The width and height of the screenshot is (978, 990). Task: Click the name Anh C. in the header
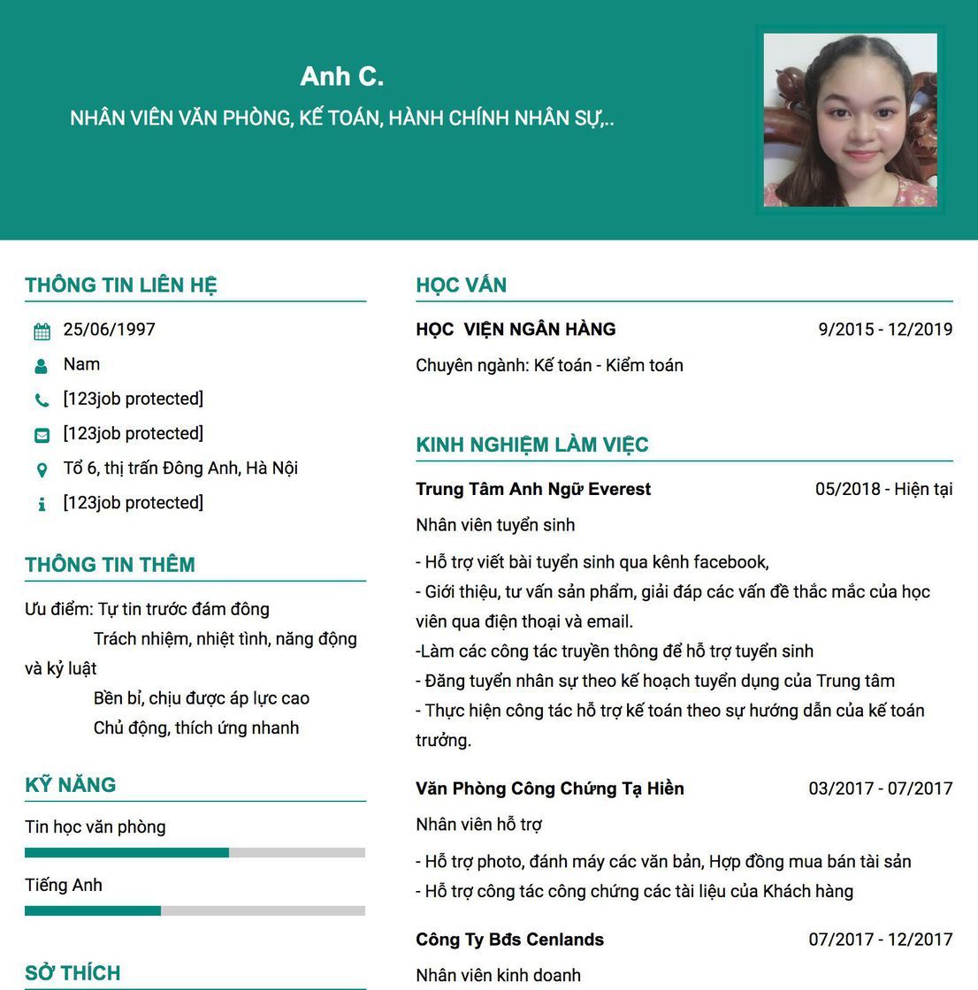[x=342, y=76]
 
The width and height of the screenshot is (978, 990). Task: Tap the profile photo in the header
[x=850, y=120]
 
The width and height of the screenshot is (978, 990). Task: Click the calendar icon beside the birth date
[x=42, y=331]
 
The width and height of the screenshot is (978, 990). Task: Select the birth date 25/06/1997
[x=109, y=330]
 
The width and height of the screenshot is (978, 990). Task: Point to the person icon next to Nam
[x=42, y=366]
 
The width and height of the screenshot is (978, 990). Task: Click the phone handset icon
[x=42, y=400]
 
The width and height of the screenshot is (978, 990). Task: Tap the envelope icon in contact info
[x=42, y=435]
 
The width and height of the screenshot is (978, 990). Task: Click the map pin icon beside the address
[x=42, y=469]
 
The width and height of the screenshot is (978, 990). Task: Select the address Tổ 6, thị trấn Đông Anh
[x=180, y=468]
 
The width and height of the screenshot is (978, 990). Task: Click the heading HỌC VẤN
[x=461, y=285]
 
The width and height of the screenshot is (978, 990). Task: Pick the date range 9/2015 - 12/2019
[x=885, y=330]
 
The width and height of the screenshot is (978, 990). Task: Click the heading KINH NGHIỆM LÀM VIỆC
[x=531, y=445]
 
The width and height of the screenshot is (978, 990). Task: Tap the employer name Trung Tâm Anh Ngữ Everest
[x=533, y=489]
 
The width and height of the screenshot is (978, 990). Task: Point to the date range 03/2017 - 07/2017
[x=880, y=788]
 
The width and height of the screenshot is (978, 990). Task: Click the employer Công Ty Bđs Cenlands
[x=509, y=940]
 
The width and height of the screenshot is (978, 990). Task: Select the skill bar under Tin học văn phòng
[x=195, y=853]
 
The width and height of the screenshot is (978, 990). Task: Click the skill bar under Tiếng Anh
[x=195, y=910]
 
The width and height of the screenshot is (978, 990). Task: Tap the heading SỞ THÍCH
[x=73, y=973]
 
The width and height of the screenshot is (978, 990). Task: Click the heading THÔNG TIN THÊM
[x=110, y=565]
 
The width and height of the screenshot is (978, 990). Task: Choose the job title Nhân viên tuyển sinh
[x=495, y=525]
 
